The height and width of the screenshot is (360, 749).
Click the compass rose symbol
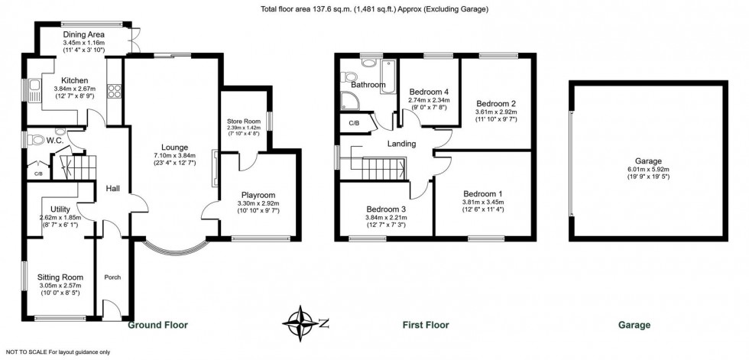click(x=300, y=323)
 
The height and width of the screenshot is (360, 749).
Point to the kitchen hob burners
click(x=114, y=91)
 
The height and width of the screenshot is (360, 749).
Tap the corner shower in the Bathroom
click(x=349, y=100)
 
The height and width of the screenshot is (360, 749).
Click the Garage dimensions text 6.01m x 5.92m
click(x=648, y=169)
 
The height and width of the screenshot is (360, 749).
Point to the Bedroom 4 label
click(x=429, y=92)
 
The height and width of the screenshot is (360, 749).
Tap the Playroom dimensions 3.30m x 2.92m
click(x=258, y=203)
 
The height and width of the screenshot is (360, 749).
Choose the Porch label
click(x=112, y=277)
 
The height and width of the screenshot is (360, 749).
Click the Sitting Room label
click(x=60, y=277)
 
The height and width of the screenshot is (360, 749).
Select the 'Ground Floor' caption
click(x=157, y=325)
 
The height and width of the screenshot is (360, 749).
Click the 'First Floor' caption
click(x=426, y=325)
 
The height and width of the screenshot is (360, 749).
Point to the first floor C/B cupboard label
click(x=354, y=123)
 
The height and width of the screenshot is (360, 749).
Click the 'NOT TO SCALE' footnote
click(x=58, y=352)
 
